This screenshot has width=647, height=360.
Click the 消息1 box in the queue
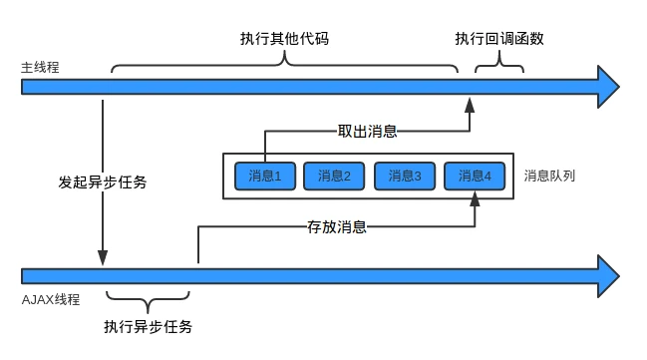265,177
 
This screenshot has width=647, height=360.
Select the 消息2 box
334,177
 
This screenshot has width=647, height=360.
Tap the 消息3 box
405,177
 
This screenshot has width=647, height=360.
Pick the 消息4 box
475,177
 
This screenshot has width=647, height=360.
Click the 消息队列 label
549,176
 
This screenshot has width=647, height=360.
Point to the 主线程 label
40,67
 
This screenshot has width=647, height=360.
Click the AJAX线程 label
50,299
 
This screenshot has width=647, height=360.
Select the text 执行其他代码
284,39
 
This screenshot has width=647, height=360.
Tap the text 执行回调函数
499,39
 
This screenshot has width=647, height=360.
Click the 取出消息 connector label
367,132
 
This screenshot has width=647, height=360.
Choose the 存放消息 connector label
337,226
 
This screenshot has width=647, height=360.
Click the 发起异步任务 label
103,182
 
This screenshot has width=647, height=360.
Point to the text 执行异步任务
148,326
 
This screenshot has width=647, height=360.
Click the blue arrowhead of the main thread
609,87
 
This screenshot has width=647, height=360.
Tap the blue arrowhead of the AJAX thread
609,276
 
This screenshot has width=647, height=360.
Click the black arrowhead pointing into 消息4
475,199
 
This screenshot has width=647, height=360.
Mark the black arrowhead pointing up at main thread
470,105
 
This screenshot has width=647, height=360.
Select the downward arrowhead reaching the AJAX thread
103,257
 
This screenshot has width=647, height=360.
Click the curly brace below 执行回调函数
499,65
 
